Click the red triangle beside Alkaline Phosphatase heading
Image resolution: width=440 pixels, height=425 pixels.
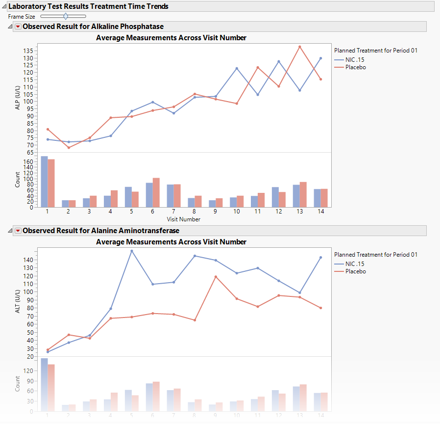[x=18, y=27]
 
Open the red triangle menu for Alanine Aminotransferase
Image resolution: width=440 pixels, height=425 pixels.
[x=18, y=231]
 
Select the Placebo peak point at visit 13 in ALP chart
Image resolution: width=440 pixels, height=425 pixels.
[x=300, y=47]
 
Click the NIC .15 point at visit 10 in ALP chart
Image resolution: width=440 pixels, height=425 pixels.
[x=237, y=68]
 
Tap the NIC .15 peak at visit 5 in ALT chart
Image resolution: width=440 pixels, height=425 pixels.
[x=132, y=251]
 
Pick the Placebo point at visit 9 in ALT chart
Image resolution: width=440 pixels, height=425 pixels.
[x=216, y=277]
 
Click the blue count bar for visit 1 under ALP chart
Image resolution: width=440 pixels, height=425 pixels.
[x=44, y=182]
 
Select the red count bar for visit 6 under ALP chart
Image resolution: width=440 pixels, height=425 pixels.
[x=156, y=192]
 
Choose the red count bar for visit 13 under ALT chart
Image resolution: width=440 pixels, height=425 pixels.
[x=303, y=398]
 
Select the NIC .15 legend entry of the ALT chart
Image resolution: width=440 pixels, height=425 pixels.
[x=354, y=264]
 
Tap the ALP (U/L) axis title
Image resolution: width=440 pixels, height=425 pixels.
[x=18, y=98]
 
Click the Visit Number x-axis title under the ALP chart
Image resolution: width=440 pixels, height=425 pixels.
[x=184, y=219]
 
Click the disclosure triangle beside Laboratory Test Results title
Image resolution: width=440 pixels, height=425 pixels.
[x=4, y=6]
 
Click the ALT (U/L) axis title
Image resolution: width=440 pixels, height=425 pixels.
[x=18, y=301]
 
